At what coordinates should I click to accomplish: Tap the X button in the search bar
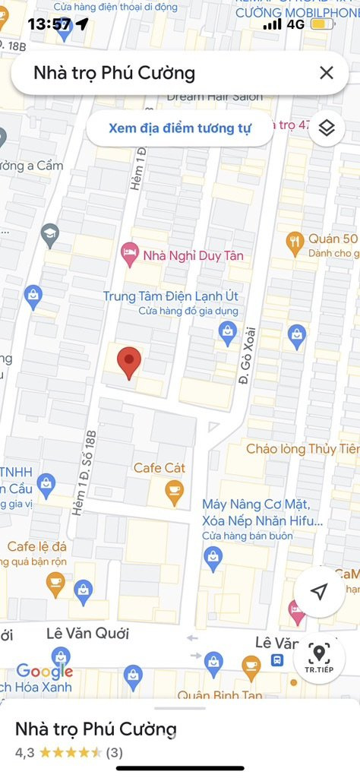(x=326, y=73)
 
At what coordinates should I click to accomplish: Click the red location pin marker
(x=130, y=362)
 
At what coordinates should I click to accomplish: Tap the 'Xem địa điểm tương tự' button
(x=179, y=128)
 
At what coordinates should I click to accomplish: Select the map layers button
(x=326, y=128)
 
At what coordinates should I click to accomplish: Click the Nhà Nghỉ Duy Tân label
(x=193, y=255)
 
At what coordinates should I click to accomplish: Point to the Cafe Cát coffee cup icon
(x=175, y=492)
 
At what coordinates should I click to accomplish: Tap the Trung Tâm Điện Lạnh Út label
(x=170, y=296)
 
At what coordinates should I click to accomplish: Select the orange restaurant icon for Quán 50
(x=295, y=242)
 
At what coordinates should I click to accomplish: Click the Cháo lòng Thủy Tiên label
(x=302, y=449)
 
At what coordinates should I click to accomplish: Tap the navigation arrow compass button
(x=320, y=592)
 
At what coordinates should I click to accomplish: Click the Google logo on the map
(x=44, y=671)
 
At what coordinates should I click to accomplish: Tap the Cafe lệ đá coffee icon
(x=55, y=583)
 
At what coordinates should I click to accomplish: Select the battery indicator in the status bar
(x=323, y=24)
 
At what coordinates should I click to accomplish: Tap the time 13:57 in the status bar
(x=49, y=24)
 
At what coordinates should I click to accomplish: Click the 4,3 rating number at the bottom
(x=25, y=752)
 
